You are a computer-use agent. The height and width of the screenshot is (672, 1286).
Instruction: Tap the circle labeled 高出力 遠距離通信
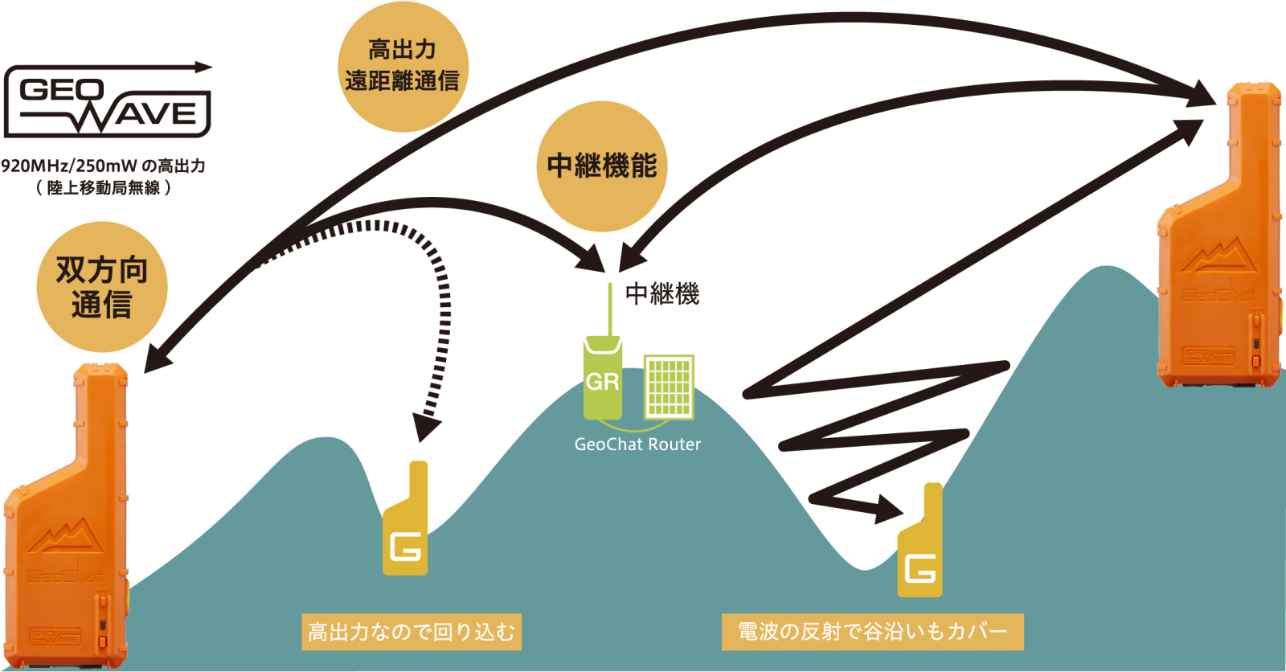(x=402, y=66)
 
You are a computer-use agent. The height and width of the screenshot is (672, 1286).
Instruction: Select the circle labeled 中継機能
(x=601, y=166)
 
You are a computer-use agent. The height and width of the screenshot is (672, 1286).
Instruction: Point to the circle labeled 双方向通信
(x=102, y=287)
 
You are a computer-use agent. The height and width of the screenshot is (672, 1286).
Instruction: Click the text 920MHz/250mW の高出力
(x=103, y=166)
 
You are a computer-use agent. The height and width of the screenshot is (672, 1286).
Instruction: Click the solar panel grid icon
(x=669, y=387)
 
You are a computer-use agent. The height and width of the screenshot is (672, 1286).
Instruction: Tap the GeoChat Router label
(x=637, y=445)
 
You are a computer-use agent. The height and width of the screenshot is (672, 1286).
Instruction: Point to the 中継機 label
(x=662, y=294)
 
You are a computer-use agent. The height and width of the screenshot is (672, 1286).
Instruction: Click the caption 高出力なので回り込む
(x=412, y=632)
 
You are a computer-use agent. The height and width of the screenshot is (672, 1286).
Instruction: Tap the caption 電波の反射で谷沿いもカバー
(x=872, y=631)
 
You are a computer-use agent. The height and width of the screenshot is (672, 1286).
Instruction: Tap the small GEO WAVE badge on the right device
(x=1209, y=356)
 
